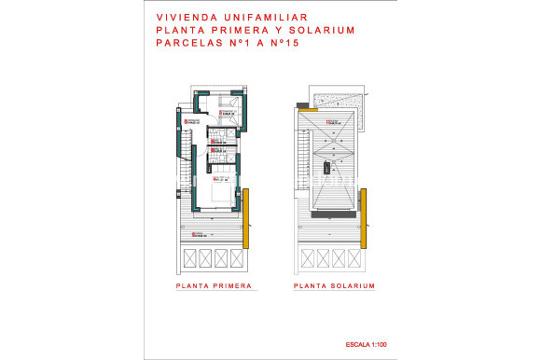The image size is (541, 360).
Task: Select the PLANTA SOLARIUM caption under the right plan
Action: tap(333, 285)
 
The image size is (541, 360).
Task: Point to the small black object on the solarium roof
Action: tap(327, 168)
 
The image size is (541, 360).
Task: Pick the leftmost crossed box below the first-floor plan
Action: tap(189, 257)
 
